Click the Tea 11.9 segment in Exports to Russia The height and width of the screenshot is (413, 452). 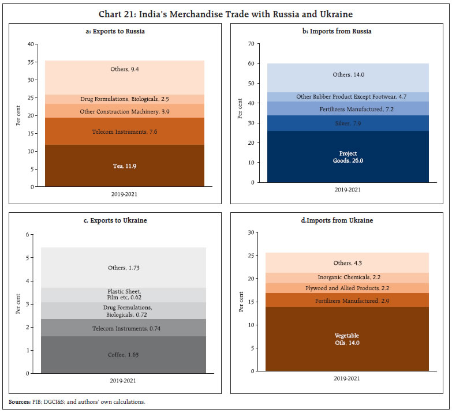pos(125,166)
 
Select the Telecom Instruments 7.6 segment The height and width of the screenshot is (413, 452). pos(125,132)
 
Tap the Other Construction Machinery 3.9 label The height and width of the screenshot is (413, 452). pos(125,111)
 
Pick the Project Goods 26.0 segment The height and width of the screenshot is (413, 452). pos(347,156)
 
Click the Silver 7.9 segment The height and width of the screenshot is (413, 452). pos(347,123)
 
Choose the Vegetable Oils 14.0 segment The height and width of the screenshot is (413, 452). pos(347,339)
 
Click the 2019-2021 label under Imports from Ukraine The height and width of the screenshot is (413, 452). pos(347,379)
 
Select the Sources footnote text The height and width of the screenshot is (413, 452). pos(77,401)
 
